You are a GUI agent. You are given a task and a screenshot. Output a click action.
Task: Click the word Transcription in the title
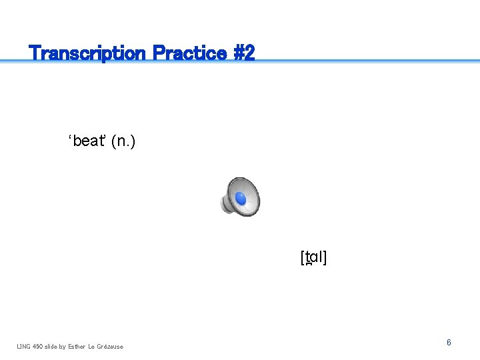click(88, 53)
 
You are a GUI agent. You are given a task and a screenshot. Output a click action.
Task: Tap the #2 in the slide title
click(243, 53)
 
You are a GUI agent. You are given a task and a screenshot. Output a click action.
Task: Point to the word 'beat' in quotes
click(87, 141)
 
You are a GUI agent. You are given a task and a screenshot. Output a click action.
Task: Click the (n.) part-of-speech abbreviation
click(123, 141)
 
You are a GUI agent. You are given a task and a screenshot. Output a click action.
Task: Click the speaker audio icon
click(240, 197)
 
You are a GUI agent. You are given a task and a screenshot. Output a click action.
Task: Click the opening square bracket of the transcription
click(303, 258)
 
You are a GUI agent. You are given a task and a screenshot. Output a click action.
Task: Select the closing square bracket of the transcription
click(325, 258)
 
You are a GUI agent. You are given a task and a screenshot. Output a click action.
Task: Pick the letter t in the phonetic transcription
click(307, 258)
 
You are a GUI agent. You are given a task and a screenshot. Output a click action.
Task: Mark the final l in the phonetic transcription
click(321, 258)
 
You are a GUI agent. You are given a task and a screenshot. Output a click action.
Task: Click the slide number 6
click(449, 343)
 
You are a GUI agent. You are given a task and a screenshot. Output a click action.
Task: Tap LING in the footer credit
click(24, 346)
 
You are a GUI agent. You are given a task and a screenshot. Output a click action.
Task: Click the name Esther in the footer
click(77, 346)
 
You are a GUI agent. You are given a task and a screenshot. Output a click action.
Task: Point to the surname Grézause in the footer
click(110, 346)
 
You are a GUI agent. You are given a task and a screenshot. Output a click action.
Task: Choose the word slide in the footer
click(54, 346)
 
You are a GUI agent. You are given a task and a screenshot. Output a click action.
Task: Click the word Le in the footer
click(92, 346)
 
